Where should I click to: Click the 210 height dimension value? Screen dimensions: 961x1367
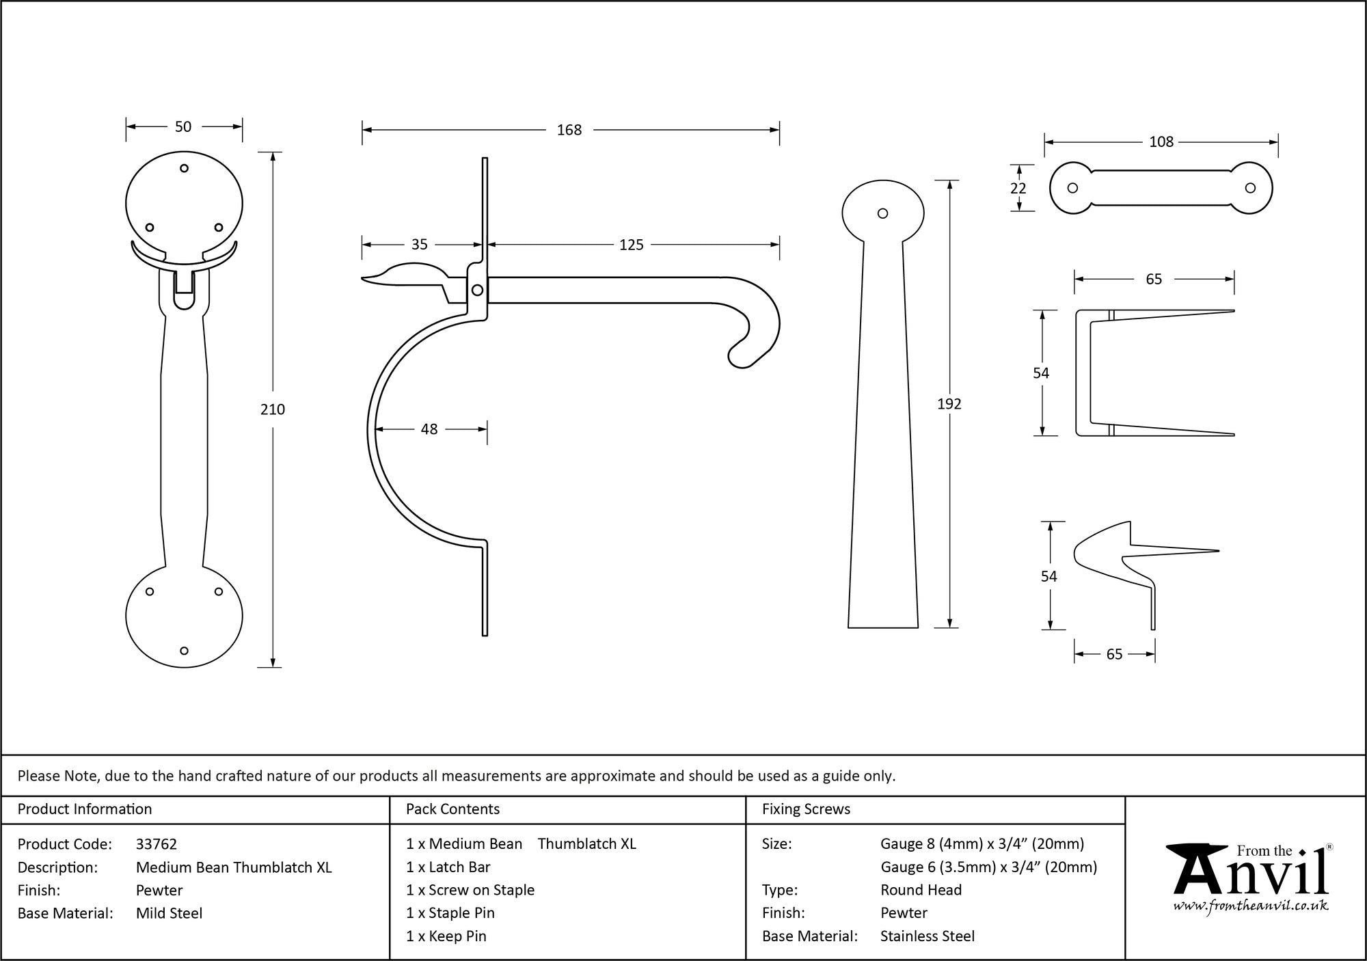click(273, 409)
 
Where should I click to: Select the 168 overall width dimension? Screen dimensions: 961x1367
click(569, 130)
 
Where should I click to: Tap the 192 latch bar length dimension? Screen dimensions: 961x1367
click(949, 404)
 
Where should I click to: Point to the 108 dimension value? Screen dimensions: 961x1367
click(1161, 141)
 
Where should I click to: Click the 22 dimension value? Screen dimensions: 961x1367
click(1018, 188)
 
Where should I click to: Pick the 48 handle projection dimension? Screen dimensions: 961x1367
click(429, 429)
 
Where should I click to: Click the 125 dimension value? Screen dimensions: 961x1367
click(632, 245)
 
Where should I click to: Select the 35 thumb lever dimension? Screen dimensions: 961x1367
click(420, 245)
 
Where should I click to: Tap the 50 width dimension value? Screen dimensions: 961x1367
click(183, 126)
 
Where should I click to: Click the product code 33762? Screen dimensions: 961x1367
click(157, 844)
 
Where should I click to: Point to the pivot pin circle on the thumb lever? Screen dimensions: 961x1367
click(478, 290)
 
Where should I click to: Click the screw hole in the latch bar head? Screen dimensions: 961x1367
click(882, 213)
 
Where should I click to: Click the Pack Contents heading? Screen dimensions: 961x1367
click(452, 809)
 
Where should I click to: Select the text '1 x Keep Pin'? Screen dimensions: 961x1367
click(446, 936)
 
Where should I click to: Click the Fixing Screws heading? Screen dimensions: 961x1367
click(806, 809)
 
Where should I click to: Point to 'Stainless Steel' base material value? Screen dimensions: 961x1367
click(928, 936)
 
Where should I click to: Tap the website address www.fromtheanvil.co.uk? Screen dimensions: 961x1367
click(1251, 906)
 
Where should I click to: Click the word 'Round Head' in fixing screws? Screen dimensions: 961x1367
click(921, 890)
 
